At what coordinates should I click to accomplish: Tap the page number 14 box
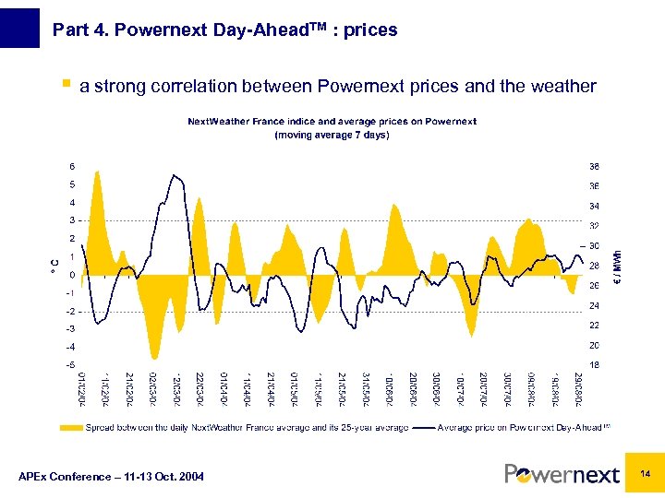click(x=646, y=473)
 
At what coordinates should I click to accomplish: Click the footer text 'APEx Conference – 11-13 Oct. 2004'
click(x=112, y=476)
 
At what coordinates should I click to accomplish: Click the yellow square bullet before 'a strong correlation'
click(x=65, y=85)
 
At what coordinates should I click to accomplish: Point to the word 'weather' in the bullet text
click(x=564, y=87)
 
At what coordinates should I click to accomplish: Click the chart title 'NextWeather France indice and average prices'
click(x=332, y=122)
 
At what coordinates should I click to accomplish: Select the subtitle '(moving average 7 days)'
click(x=332, y=135)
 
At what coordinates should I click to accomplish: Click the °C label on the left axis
click(x=53, y=266)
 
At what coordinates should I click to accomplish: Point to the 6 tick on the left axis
click(x=73, y=167)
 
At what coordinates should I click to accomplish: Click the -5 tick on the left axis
click(x=71, y=364)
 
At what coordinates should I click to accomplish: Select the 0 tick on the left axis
click(x=73, y=275)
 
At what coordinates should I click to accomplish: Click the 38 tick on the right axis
click(x=594, y=167)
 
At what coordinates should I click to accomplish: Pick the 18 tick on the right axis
click(x=594, y=364)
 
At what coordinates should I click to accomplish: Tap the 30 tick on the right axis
click(x=594, y=246)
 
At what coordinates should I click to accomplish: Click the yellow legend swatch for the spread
click(x=71, y=428)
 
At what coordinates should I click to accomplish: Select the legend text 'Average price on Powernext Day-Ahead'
click(x=519, y=428)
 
